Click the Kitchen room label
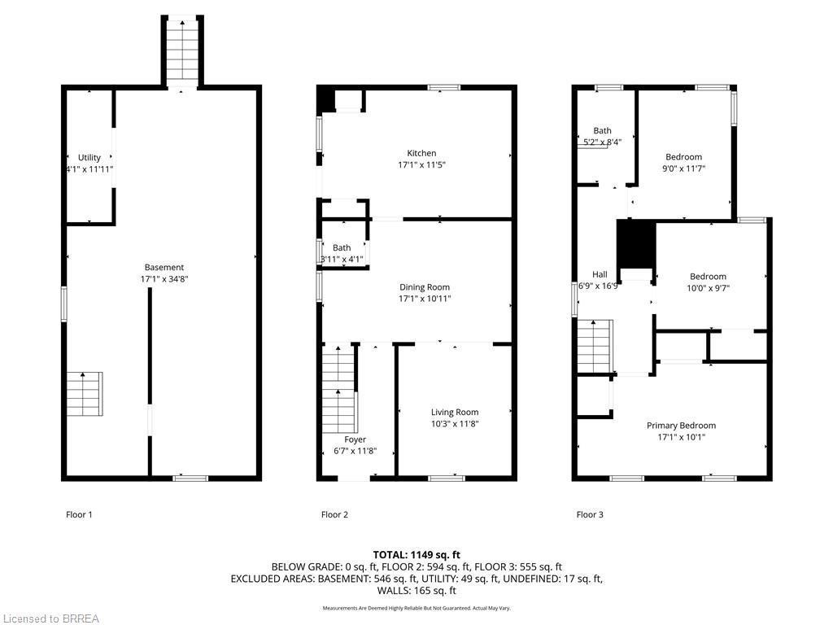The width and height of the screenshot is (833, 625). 421,153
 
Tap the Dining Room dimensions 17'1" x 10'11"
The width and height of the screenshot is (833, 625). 425,299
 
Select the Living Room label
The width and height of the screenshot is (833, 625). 455,413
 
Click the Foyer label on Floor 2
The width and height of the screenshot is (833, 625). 355,439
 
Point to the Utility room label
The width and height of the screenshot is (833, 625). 89,158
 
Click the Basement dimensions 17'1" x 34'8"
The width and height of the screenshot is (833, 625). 164,279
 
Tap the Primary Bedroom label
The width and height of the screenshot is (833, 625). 681,426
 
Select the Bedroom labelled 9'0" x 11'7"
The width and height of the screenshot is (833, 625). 683,157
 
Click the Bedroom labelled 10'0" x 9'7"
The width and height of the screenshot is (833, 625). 708,277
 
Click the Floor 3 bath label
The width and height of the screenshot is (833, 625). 602,130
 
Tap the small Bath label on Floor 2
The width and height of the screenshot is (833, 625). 342,248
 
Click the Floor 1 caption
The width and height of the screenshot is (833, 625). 79,514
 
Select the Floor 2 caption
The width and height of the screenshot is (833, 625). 334,514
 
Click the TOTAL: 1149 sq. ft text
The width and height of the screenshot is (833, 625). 416,554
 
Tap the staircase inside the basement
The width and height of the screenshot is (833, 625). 85,393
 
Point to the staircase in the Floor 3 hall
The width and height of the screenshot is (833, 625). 594,345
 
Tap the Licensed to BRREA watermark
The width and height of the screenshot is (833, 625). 50,618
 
